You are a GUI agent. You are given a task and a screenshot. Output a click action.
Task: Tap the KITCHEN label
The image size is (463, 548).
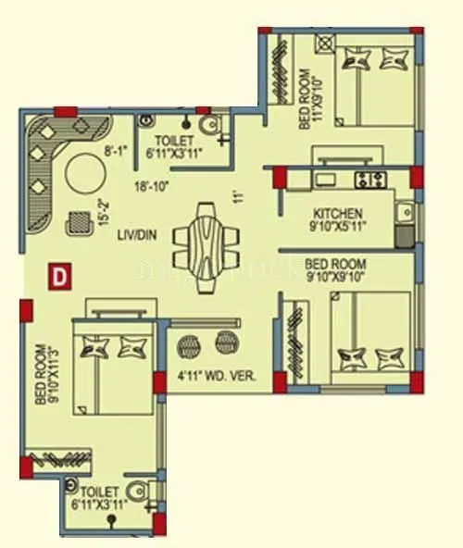[338, 212]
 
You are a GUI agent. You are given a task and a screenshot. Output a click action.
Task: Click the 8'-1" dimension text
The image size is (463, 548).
[115, 146]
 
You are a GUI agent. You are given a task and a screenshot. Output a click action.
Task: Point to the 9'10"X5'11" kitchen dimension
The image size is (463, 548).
[338, 224]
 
